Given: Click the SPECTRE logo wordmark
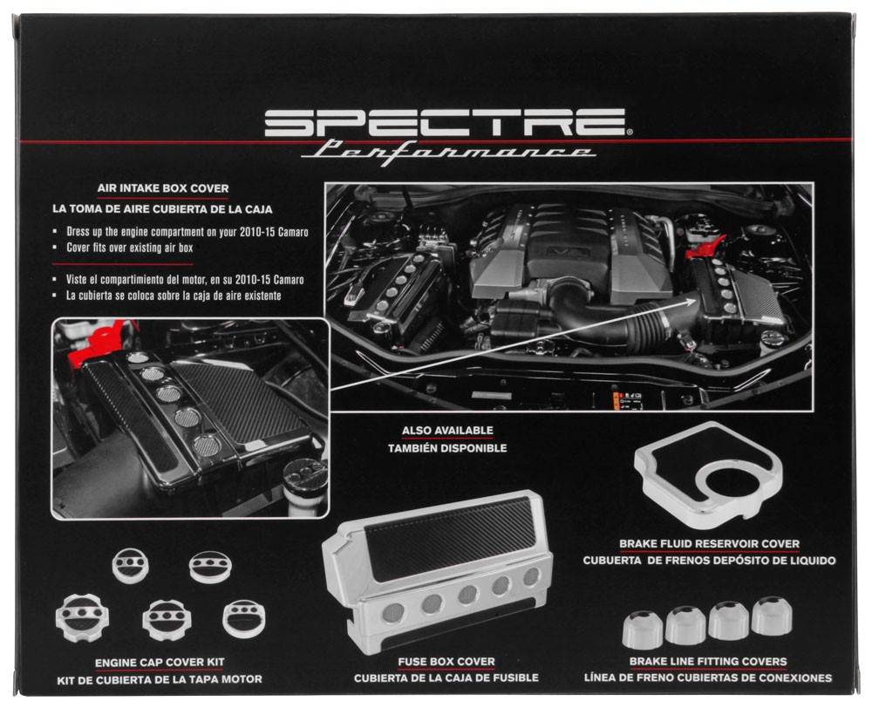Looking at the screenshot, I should click(445, 123).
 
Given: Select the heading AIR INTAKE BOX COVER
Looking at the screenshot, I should click(164, 187).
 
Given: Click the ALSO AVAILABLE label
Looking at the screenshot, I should click(447, 431).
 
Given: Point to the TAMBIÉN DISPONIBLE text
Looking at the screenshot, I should click(447, 448).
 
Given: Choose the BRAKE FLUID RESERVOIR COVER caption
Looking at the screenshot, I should click(709, 544).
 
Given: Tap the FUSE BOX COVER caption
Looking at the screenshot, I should click(446, 662).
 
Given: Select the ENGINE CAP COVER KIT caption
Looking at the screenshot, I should click(160, 663).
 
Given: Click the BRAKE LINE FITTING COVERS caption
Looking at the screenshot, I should click(707, 662).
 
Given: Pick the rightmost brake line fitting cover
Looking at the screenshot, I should click(771, 616).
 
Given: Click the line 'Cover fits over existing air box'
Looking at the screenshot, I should click(130, 248).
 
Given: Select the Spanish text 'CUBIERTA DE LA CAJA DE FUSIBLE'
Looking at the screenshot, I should click(446, 677).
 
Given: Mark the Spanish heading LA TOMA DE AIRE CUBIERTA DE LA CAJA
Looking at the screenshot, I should click(163, 209).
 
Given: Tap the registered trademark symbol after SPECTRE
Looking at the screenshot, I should click(630, 133).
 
